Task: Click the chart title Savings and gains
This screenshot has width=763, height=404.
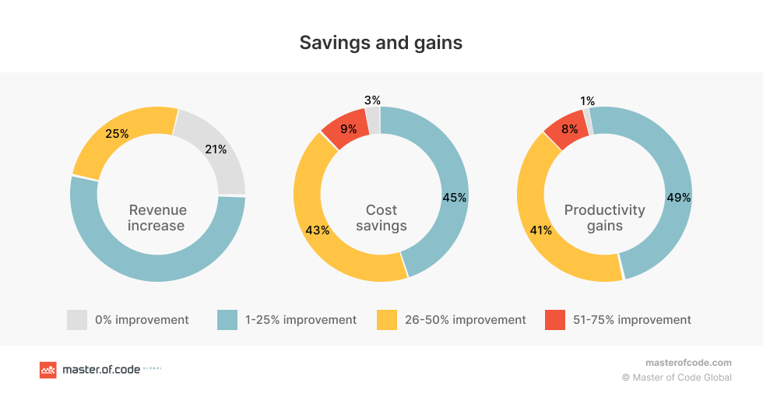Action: coord(381,43)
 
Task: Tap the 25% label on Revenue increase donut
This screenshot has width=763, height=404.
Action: coord(117,134)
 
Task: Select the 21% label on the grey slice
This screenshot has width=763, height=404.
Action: coord(215,149)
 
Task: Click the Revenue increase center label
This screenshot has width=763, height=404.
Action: coord(157,218)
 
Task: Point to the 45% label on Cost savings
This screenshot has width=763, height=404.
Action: coord(454,198)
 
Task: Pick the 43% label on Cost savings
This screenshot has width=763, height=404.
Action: coord(318,230)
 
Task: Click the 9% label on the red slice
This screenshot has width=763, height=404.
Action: coord(348,129)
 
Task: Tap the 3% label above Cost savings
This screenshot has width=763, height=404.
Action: coord(372,100)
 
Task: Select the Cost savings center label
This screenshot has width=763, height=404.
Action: coord(381,218)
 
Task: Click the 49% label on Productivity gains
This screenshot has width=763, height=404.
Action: coord(678,198)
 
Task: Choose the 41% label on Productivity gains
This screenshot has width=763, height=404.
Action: coord(540,230)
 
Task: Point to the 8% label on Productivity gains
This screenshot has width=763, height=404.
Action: coord(570,129)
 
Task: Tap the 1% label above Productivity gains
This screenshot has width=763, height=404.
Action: coord(587,101)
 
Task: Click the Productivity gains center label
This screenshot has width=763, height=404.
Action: coord(605,218)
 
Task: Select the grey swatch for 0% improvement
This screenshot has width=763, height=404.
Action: coord(77,320)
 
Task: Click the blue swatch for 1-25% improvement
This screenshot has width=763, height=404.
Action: coord(227,320)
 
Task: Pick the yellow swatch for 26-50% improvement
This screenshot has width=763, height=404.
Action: coord(387,320)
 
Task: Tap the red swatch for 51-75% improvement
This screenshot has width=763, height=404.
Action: coord(554,320)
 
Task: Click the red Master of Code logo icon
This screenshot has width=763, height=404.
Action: coord(48,371)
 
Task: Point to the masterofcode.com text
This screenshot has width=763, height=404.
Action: coord(688,363)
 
